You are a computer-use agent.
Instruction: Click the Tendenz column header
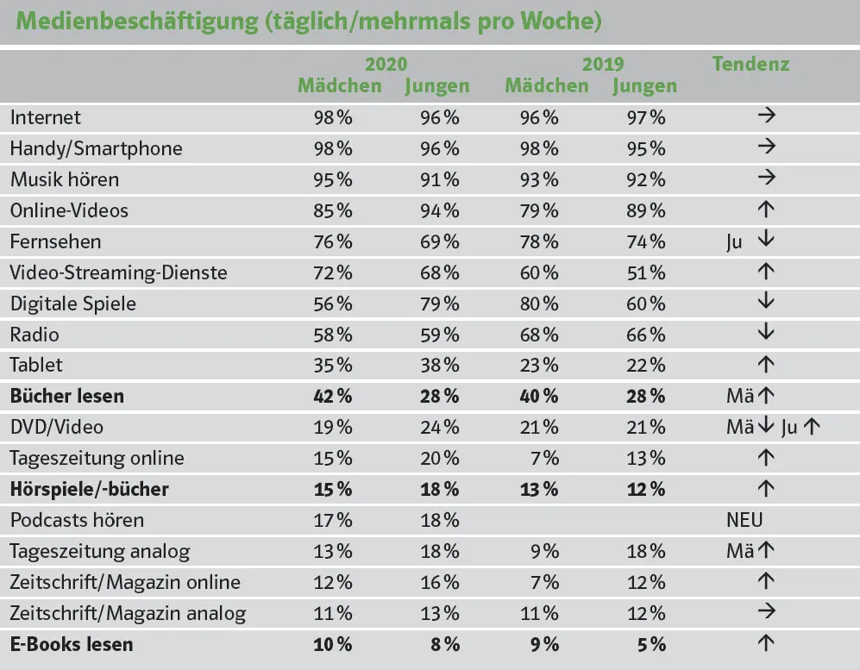coord(750,64)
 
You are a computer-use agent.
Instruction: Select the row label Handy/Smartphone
coord(96,148)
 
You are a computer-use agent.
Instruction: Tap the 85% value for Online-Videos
coord(332,210)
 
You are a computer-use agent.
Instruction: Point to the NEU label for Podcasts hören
coord(745,520)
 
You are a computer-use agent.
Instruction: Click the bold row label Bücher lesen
coord(67,397)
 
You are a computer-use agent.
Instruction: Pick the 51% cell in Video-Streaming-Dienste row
coord(646,272)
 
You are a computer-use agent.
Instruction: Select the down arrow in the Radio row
coord(765,334)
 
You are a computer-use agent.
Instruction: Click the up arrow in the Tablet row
coord(765,365)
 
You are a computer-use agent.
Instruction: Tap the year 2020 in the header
coord(386,65)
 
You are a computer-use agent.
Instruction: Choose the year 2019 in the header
coord(602,65)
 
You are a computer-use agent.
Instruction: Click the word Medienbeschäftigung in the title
coord(135,22)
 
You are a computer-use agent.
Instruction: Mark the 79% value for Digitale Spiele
coord(439,304)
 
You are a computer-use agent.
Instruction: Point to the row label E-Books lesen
coord(72,644)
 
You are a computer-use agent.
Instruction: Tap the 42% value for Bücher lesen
coord(332,397)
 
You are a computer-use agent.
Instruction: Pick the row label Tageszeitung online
coord(97,458)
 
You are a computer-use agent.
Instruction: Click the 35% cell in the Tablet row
coord(332,365)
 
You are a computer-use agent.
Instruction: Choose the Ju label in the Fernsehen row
coord(734,242)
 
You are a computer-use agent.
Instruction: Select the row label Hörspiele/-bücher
coord(90,490)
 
